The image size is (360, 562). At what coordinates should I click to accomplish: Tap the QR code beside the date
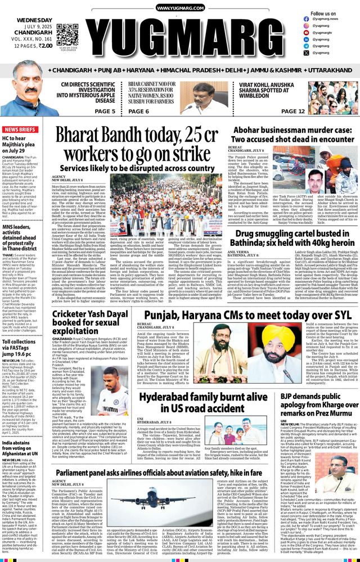point(67,34)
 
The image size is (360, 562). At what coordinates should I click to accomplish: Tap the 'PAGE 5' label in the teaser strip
point(105,111)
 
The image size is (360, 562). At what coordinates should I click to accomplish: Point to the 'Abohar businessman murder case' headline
point(292,134)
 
